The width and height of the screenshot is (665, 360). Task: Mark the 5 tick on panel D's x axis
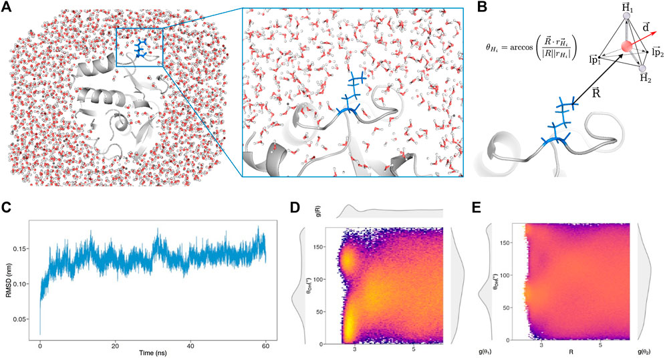coord(414,348)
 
